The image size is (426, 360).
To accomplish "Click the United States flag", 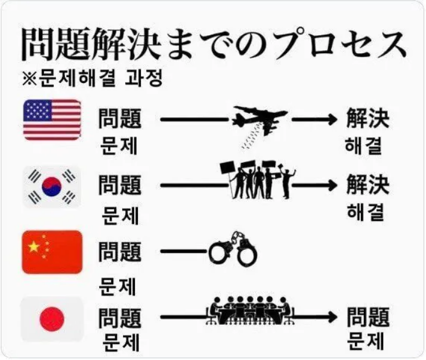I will pyautogui.click(x=52, y=119).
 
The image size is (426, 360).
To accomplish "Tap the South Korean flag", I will pyautogui.click(x=52, y=186).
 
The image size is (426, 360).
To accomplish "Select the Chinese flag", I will pyautogui.click(x=52, y=251).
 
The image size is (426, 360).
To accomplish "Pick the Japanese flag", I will pyautogui.click(x=52, y=319).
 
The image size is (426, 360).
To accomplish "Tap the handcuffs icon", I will pyautogui.click(x=233, y=251).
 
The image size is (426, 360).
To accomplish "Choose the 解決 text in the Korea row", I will pyautogui.click(x=367, y=184).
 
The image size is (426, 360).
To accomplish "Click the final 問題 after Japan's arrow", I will pyautogui.click(x=368, y=317).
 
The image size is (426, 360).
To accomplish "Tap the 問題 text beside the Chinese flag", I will pyautogui.click(x=120, y=251).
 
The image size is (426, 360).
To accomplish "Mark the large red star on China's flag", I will pyautogui.click(x=33, y=245).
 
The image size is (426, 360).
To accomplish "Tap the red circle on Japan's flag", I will pyautogui.click(x=52, y=320).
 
